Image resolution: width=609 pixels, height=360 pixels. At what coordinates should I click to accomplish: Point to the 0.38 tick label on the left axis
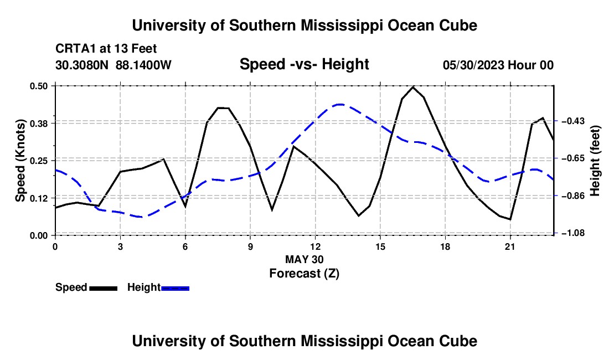39,124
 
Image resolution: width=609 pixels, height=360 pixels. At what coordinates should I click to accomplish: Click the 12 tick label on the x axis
316,246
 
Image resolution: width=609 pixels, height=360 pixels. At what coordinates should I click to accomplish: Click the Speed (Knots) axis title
20,161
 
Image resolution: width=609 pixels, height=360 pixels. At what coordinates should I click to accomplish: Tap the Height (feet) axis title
595,161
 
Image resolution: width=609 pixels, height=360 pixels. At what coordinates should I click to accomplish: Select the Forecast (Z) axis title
304,274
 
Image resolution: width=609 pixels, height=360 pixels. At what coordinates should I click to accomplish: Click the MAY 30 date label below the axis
304,259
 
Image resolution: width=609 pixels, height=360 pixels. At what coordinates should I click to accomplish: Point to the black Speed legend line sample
104,288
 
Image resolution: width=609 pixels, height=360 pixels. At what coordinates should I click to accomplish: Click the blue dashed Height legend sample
175,288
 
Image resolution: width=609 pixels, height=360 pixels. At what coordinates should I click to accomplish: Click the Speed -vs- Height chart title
304,64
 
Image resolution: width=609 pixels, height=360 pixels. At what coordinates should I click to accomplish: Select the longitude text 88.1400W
143,65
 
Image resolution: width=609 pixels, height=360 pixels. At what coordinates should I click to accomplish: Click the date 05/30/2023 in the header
474,65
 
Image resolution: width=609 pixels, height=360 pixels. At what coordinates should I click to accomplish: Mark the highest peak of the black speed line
413,87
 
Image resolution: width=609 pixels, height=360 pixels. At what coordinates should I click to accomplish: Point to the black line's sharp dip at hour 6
185,206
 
